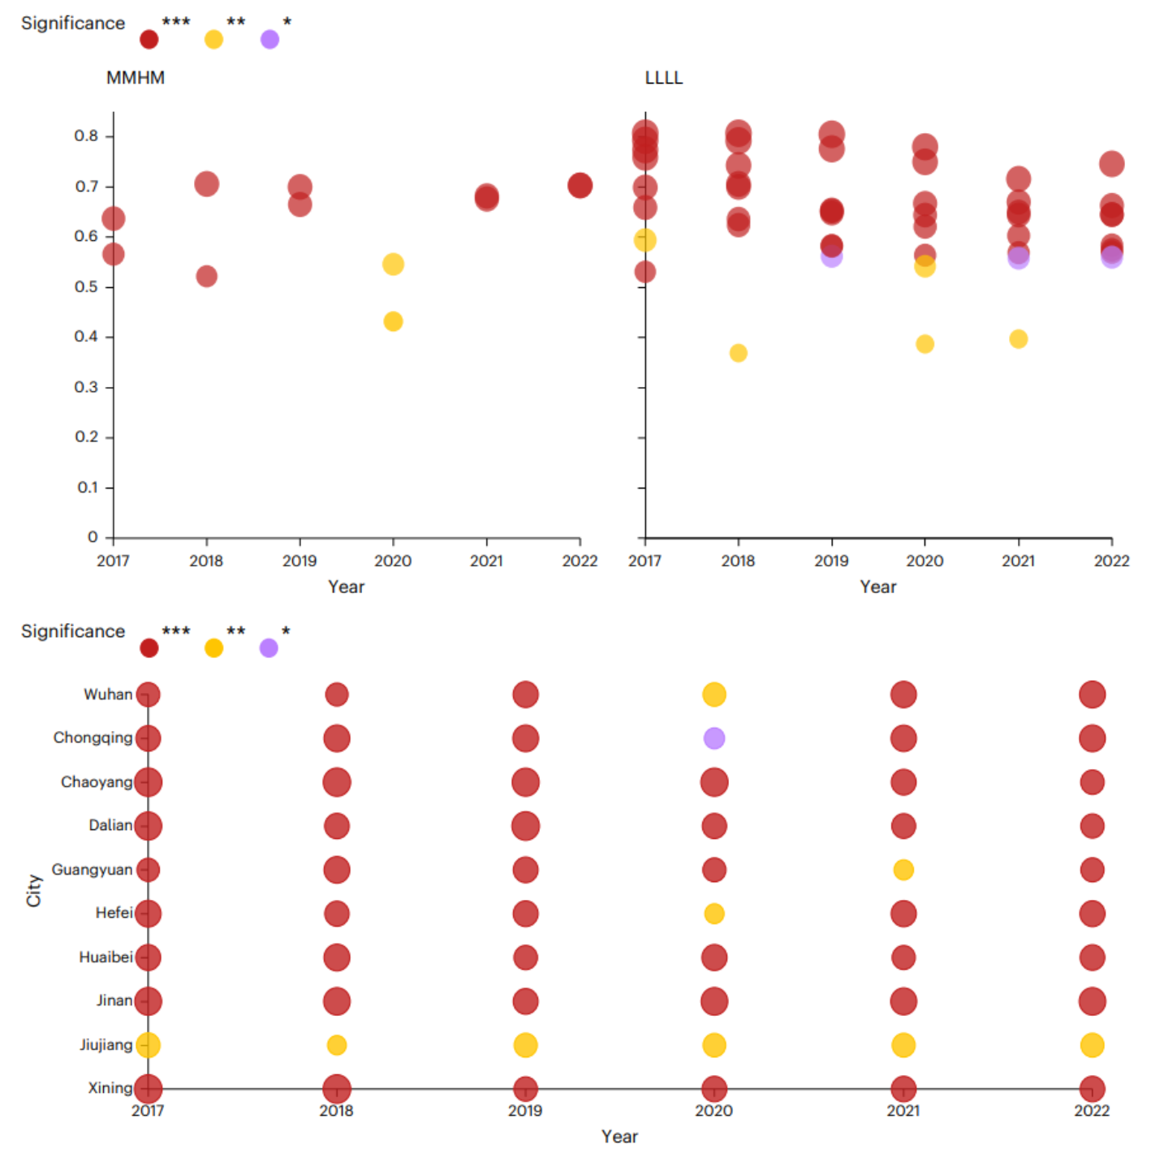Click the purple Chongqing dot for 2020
(x=713, y=738)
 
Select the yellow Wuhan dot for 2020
(x=713, y=695)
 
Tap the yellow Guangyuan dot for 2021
(x=903, y=870)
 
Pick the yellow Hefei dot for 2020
(x=713, y=914)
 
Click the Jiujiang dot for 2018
(x=336, y=1045)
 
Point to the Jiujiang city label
(x=106, y=1045)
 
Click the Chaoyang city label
(x=96, y=782)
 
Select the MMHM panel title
(x=136, y=78)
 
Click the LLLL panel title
(x=663, y=78)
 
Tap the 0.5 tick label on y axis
(x=86, y=287)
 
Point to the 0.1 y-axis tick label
(x=88, y=488)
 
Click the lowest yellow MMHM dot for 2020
(x=393, y=322)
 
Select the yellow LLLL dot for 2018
(x=738, y=353)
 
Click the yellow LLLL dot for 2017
(x=644, y=240)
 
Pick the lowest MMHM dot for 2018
(x=206, y=277)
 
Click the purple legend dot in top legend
(x=269, y=40)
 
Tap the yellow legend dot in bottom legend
(x=213, y=648)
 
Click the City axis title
(x=34, y=890)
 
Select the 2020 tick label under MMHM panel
(x=393, y=561)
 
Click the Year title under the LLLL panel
(x=877, y=587)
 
